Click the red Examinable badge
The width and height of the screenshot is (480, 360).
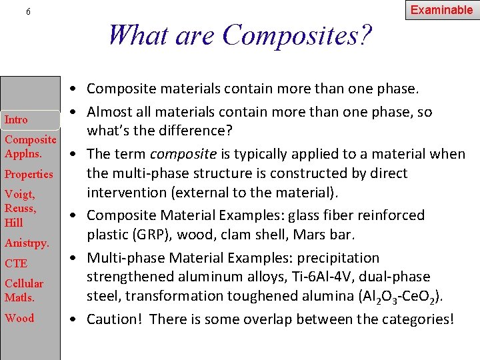pyautogui.click(x=441, y=10)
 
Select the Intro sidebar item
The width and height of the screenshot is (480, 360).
pyautogui.click(x=17, y=120)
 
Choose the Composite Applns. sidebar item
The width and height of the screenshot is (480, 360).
pyautogui.click(x=30, y=147)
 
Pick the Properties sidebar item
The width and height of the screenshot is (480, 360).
pyautogui.click(x=29, y=175)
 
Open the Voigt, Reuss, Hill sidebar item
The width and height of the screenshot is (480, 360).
pyautogui.click(x=21, y=209)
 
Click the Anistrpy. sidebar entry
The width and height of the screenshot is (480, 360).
pyautogui.click(x=27, y=243)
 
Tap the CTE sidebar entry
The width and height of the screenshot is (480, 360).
pyautogui.click(x=16, y=264)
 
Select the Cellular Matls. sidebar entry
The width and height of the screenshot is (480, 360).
pyautogui.click(x=24, y=291)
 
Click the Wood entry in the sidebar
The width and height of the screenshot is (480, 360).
pyautogui.click(x=19, y=318)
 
